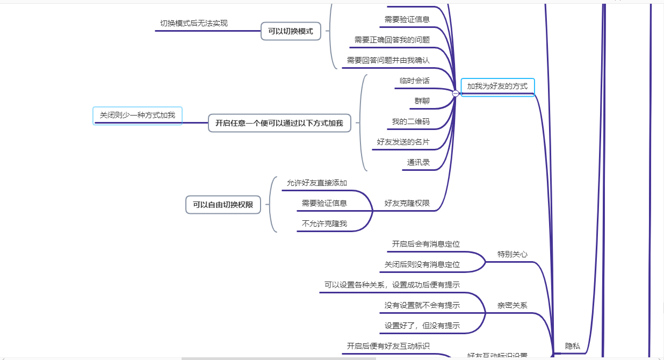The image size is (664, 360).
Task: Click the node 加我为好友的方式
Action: pos(497,86)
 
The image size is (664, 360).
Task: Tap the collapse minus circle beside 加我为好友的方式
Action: pos(456,93)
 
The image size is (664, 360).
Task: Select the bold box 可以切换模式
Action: pos(291,31)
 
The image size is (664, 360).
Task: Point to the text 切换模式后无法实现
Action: pos(194,23)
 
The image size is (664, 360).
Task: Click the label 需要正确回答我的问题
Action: pos(392,40)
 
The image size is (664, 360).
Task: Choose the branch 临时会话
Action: pos(415,81)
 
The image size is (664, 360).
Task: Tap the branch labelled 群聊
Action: pos(422,101)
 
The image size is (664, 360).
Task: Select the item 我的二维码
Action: pos(410,121)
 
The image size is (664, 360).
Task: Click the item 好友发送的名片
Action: pos(403,142)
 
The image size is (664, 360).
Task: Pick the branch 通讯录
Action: pos(418,162)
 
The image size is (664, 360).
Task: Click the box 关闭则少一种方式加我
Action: pos(138,116)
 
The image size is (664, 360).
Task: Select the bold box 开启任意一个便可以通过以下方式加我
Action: pos(279,123)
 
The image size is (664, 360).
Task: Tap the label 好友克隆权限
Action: pos(407,203)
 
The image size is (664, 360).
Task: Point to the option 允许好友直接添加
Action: pos(317,183)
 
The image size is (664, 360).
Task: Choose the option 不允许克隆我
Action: pos(324,224)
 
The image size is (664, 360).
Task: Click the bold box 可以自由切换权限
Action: pos(223,205)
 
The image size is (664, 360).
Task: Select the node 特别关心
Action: pos(512,254)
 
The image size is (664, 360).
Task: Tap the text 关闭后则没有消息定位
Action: pos(422,264)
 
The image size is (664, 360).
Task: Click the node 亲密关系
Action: pos(512,305)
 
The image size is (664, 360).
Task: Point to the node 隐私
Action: pos(573,346)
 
